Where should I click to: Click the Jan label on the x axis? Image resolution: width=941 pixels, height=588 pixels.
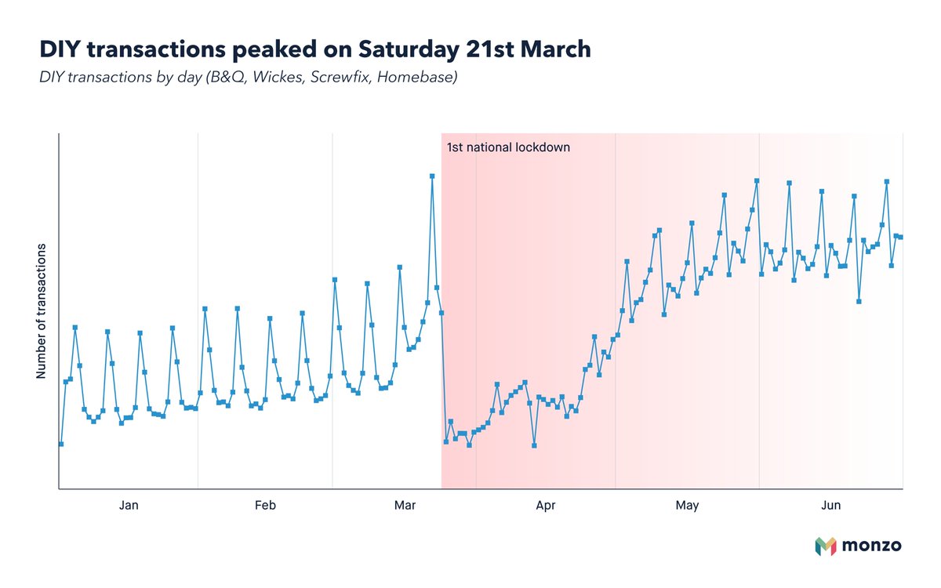pos(129,506)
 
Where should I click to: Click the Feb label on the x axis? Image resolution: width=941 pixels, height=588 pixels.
pos(265,506)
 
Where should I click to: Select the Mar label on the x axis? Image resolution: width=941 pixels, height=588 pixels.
pos(405,506)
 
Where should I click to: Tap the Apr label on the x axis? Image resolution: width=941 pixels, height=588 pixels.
pos(545,506)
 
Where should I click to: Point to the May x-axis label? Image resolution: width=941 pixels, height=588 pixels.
pos(687,506)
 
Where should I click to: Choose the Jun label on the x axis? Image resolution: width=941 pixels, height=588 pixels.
pos(830,506)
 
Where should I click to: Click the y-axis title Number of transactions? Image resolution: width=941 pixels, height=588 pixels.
pos(41,311)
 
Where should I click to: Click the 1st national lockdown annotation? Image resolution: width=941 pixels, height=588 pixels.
pos(508,147)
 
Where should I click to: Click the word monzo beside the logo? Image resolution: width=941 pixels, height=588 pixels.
pos(871,546)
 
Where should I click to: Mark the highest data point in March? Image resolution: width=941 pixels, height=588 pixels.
pos(432,176)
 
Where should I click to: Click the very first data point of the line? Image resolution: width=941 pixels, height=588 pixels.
pos(61,445)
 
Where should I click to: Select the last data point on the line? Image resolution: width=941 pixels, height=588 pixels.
pos(901,238)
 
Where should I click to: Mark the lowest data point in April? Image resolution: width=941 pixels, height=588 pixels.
pos(534,445)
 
